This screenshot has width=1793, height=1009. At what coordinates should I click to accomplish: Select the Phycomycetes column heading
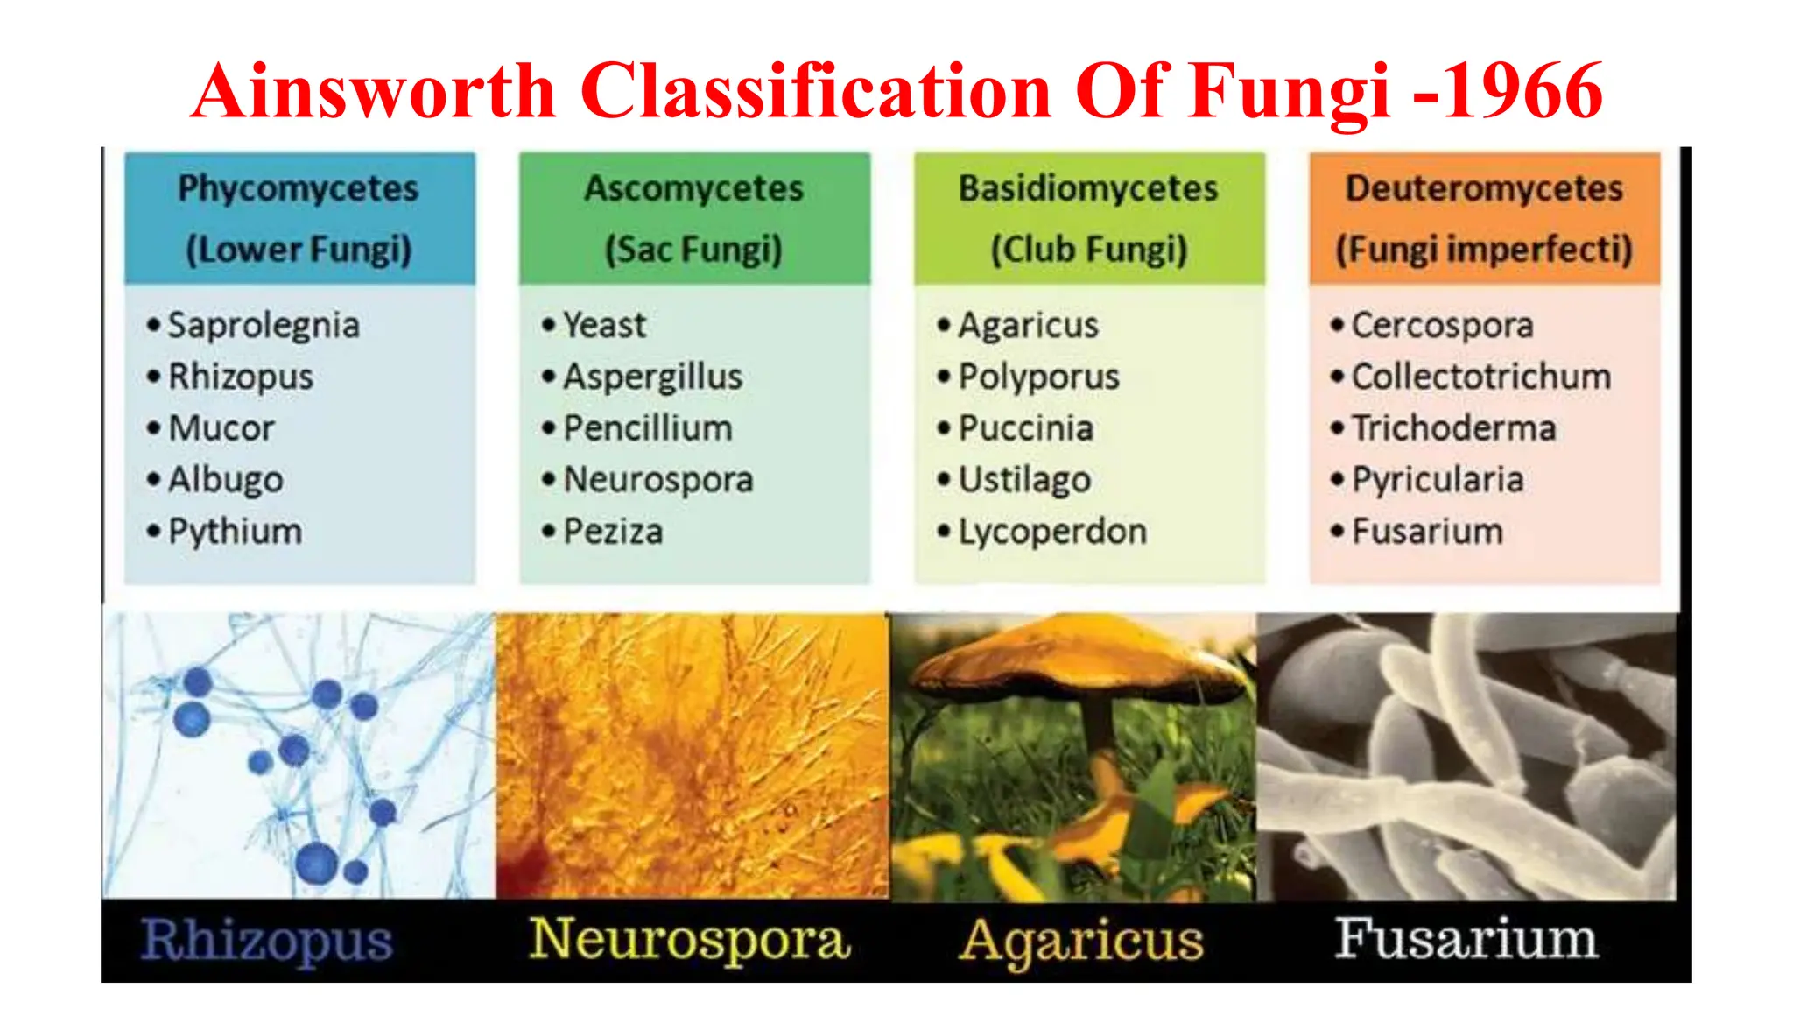[x=299, y=188]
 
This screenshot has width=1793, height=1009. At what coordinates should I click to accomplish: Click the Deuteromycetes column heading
[x=1484, y=188]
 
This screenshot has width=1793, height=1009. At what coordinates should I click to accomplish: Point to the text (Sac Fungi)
[x=693, y=250]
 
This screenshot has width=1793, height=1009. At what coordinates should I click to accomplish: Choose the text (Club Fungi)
[x=1089, y=250]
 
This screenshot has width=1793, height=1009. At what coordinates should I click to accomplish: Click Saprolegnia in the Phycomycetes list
[x=264, y=325]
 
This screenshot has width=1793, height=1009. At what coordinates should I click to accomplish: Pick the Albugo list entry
[x=226, y=479]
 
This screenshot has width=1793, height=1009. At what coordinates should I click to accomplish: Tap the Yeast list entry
[x=604, y=325]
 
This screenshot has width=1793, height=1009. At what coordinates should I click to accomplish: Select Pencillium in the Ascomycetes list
[x=648, y=428]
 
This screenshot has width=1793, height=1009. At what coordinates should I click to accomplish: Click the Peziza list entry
[x=613, y=532]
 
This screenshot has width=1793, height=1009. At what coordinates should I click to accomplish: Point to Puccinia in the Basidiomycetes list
[x=1026, y=428]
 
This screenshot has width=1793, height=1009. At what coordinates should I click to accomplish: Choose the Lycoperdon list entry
[x=1052, y=532]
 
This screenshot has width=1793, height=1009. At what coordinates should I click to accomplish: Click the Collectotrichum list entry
[x=1481, y=377]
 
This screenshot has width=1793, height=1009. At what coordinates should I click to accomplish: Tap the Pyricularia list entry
[x=1438, y=479]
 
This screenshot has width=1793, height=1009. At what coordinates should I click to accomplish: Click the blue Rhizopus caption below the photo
[x=267, y=940]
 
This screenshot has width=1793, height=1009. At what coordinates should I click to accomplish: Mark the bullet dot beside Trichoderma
[x=1337, y=428]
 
